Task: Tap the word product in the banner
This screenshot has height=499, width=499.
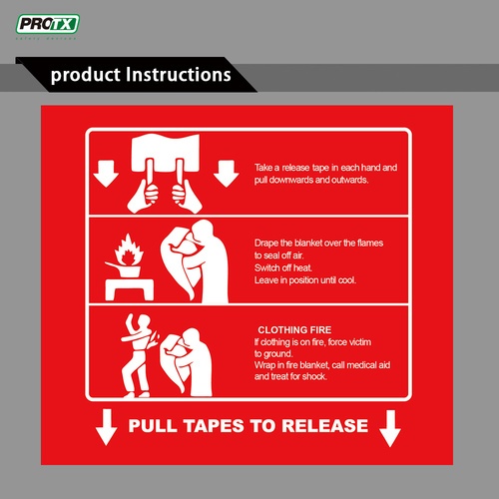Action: click(86, 76)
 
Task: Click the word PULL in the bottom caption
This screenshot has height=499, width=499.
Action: click(154, 426)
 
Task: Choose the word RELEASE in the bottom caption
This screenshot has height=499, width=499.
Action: click(319, 426)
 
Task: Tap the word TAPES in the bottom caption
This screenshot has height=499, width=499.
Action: click(221, 426)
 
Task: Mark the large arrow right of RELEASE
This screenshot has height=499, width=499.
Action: click(389, 429)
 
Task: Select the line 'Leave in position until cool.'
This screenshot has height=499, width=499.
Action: click(304, 280)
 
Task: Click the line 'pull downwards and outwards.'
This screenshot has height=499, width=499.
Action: click(311, 181)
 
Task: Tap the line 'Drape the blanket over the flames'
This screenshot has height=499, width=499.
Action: click(318, 244)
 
